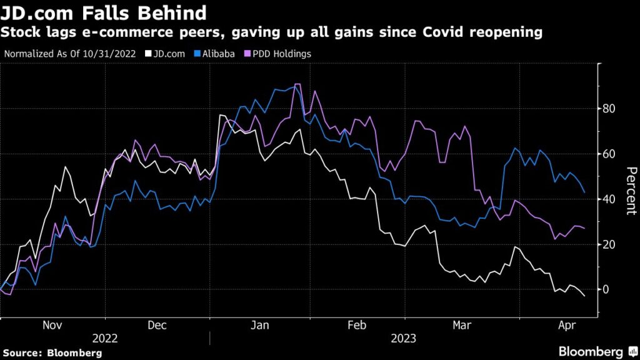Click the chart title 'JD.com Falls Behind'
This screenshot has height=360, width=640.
click(x=103, y=13)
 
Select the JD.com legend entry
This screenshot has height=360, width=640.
click(x=167, y=54)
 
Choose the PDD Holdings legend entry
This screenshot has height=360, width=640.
click(x=278, y=54)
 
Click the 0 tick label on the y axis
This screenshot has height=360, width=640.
click(x=604, y=289)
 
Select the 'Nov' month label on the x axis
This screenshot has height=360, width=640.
click(x=52, y=326)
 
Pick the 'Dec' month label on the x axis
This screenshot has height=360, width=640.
click(x=158, y=326)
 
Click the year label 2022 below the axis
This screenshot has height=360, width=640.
click(x=105, y=339)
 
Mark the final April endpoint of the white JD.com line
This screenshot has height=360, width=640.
click(x=584, y=296)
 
